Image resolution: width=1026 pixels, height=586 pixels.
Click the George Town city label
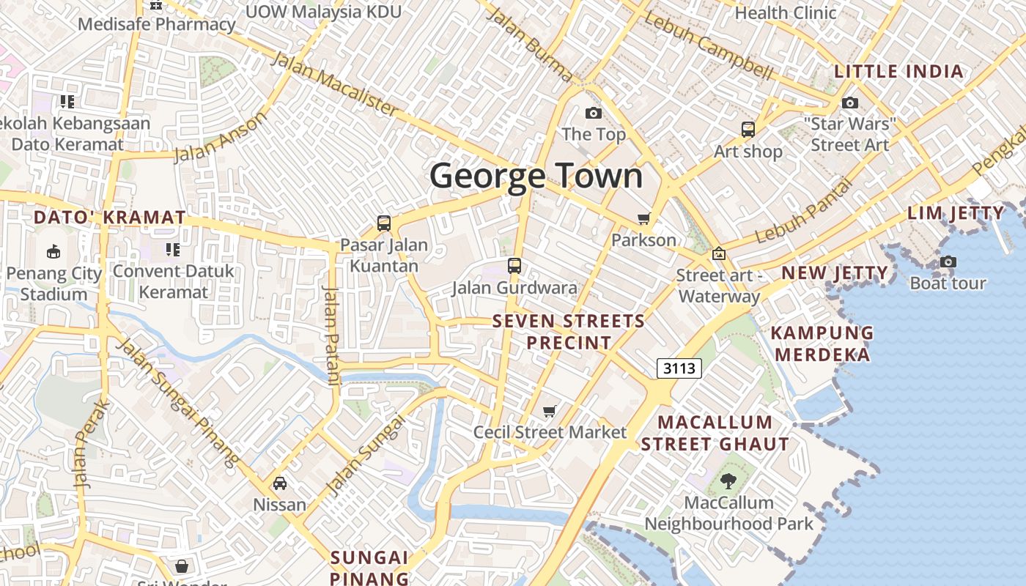tap(536, 177)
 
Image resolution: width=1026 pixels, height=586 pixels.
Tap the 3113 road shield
tap(678, 368)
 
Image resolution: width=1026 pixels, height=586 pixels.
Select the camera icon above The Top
tap(593, 113)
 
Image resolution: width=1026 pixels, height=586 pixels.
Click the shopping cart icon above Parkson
tap(643, 218)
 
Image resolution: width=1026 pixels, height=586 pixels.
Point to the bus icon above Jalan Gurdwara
tap(514, 266)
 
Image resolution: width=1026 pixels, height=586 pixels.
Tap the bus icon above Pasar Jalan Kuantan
tap(383, 223)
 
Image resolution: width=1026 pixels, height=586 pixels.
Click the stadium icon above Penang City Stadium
tap(53, 252)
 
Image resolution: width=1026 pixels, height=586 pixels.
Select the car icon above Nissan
tap(279, 483)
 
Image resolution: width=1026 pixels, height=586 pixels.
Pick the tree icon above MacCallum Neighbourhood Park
tap(728, 481)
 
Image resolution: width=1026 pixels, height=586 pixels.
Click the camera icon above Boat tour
tap(948, 262)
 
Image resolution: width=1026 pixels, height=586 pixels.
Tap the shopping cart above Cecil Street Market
tap(550, 411)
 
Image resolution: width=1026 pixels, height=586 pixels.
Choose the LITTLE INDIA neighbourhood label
tap(898, 72)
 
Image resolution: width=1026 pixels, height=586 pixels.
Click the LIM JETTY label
tap(956, 213)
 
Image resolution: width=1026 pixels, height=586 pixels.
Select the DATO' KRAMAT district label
tap(110, 218)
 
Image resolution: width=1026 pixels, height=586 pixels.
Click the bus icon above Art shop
tap(748, 130)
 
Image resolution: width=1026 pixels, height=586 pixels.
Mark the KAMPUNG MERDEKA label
tap(822, 344)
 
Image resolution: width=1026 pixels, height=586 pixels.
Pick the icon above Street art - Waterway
tap(719, 253)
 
